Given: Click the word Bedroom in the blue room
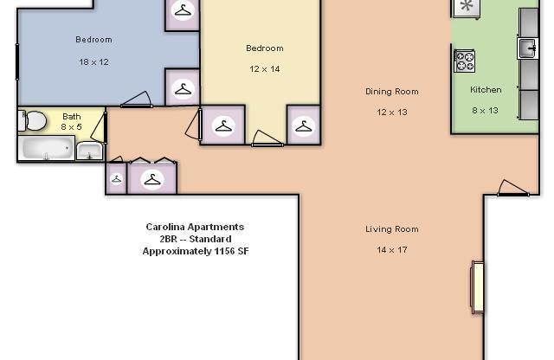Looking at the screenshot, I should coord(93,40).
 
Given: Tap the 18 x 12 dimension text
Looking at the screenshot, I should coord(93,61).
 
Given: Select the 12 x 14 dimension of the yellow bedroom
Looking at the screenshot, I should coord(264,69).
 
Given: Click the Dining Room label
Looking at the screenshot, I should coord(391,92).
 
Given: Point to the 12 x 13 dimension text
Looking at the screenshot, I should coord(391,112).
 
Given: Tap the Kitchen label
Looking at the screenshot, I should coord(486,90).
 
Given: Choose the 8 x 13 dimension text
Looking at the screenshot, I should coord(486,111).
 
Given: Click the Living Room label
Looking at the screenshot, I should coord(391,229).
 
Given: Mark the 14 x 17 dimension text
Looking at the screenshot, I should coord(391,250).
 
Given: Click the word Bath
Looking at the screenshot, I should coord(71,117).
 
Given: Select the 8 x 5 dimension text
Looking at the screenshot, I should coord(71,127).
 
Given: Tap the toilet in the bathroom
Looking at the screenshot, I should coord(34,120).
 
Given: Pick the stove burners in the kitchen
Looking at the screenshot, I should coord(465,61).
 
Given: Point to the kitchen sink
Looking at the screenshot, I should coord(527,47).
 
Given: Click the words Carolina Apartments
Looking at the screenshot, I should coord(195,227).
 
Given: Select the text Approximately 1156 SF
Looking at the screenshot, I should coord(195,251).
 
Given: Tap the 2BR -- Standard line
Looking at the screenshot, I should coord(195,239).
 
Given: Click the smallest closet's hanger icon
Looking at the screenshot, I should coord(116,179).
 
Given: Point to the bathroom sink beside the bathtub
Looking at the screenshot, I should coord(89,151).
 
